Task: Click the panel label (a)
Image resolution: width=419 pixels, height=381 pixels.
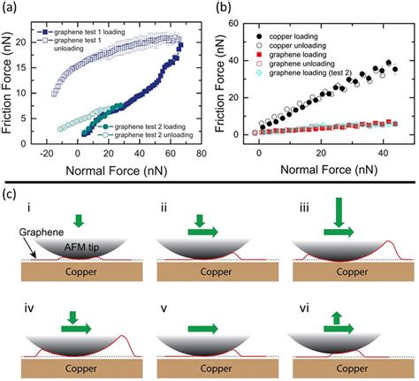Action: [x=11, y=8]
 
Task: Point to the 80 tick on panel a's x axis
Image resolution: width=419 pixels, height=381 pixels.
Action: [x=203, y=159]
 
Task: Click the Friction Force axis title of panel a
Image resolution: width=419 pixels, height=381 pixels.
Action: [x=10, y=84]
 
